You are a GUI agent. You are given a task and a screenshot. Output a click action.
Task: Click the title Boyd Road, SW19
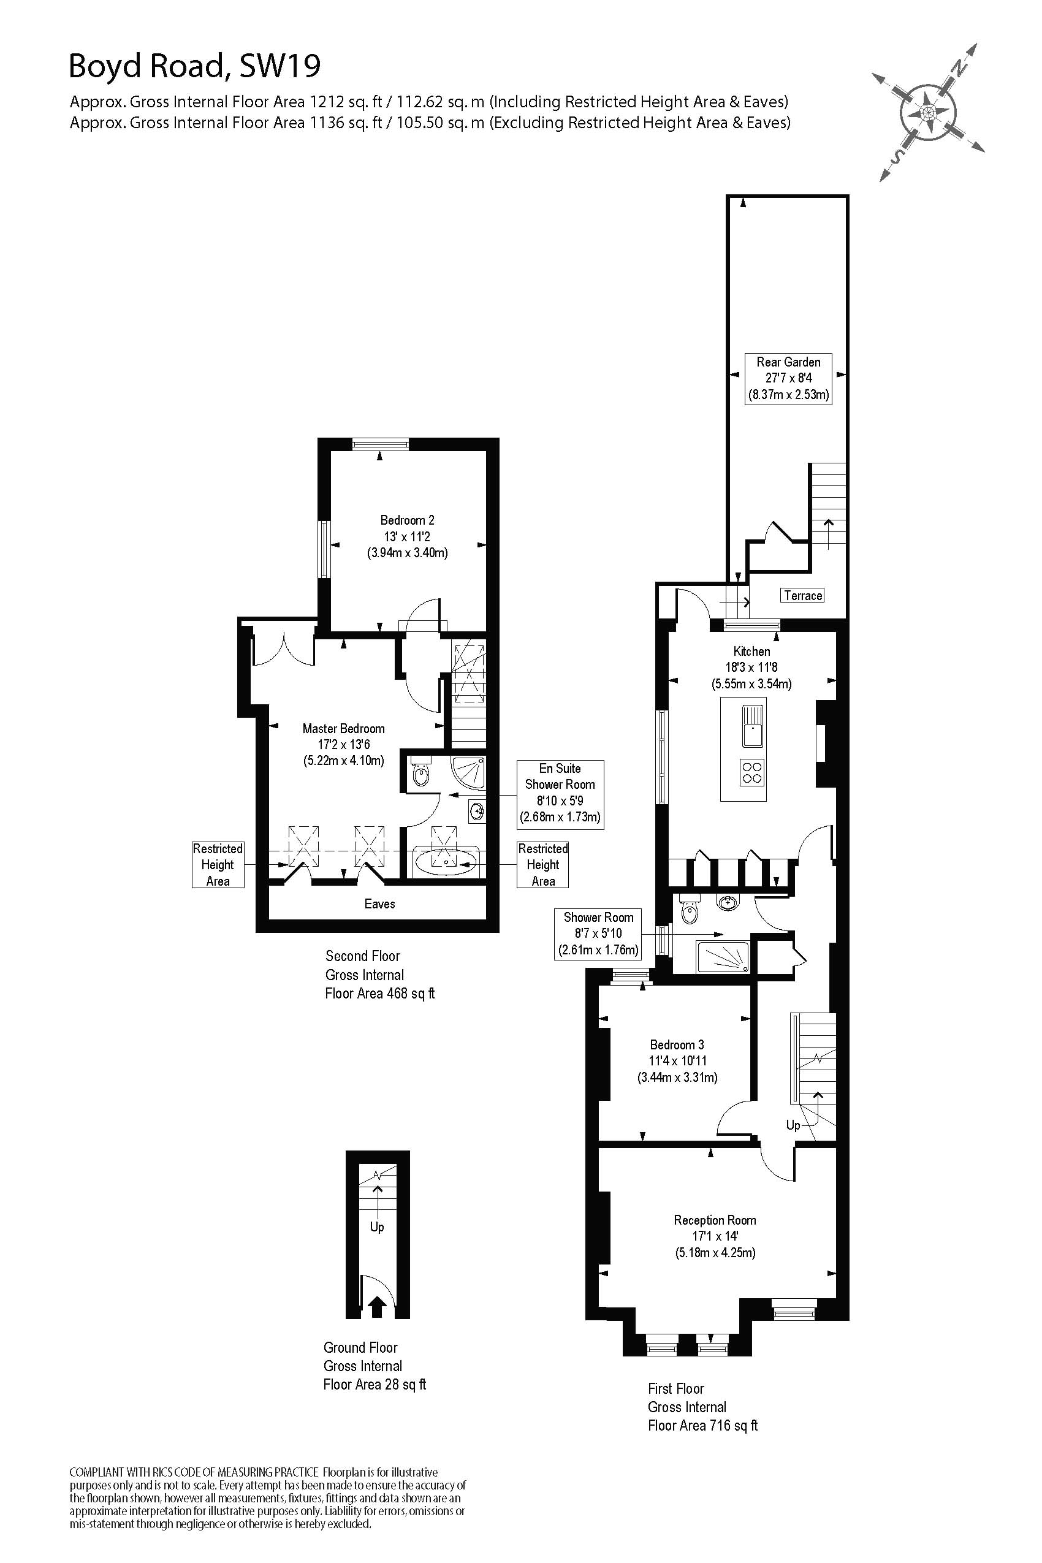pyautogui.click(x=195, y=66)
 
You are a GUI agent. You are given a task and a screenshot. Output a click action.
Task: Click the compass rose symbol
pyautogui.click(x=929, y=111)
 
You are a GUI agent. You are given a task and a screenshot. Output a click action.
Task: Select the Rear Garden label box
pyautogui.click(x=788, y=378)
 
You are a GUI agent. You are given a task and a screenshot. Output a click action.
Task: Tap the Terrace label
pyautogui.click(x=803, y=595)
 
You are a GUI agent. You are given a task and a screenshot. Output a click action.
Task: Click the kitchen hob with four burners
pyautogui.click(x=751, y=772)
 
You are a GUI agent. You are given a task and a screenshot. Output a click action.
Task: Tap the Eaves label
pyautogui.click(x=379, y=903)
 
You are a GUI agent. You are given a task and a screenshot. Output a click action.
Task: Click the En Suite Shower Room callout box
pyautogui.click(x=560, y=793)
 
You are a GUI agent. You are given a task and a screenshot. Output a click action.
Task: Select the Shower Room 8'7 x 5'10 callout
pyautogui.click(x=598, y=934)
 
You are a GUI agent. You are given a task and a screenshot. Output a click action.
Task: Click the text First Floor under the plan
pyautogui.click(x=675, y=1388)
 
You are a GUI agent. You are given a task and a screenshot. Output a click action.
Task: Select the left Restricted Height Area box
pyautogui.click(x=218, y=865)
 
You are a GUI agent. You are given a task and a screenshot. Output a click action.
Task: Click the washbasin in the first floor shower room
pyautogui.click(x=728, y=903)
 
